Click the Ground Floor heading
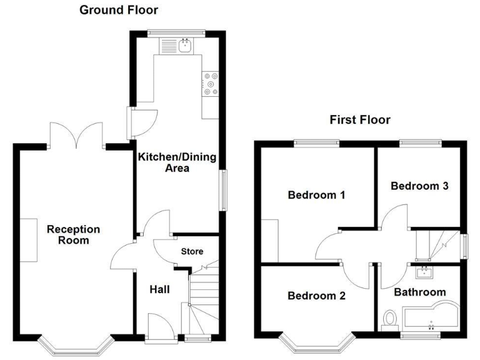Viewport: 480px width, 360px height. point(119,10)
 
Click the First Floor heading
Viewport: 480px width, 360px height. point(360,119)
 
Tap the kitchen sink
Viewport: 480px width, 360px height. point(184,44)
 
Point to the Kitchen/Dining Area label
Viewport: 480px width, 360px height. point(177,162)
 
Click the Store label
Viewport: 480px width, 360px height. point(192,252)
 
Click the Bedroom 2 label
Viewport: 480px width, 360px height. point(316,296)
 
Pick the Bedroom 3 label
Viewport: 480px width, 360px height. point(419,186)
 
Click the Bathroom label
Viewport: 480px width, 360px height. point(419,292)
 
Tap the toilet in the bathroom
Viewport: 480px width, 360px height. point(390,319)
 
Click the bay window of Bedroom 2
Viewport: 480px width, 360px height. point(314,344)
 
